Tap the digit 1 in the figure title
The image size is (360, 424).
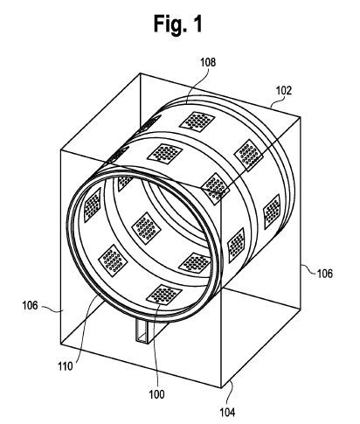pos(197,24)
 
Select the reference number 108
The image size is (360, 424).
pos(208,62)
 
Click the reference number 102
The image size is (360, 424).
pos(283,91)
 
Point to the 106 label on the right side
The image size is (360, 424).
pos(324,274)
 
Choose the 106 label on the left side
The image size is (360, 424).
pos(31,305)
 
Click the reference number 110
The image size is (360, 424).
pos(66,366)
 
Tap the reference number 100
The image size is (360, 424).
pos(156,394)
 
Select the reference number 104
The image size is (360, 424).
pos(227,413)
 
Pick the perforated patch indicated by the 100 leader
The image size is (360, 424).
pos(164,295)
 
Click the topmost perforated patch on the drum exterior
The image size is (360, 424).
pos(197,121)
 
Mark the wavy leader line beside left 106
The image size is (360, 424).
pos(52,309)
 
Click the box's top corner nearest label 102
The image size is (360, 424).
pos(301,116)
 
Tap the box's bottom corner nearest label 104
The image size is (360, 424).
pos(221,387)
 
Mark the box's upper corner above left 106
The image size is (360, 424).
pos(60,149)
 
